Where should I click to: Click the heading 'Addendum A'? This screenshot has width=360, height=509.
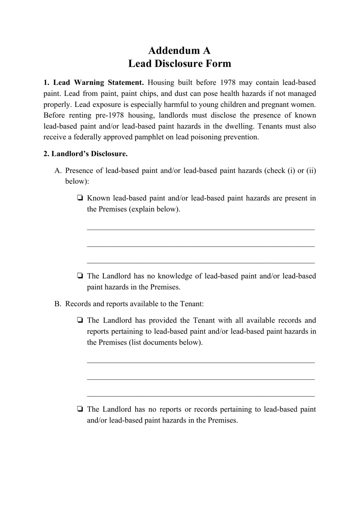point(179,50)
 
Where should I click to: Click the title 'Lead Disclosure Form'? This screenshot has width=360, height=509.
point(179,63)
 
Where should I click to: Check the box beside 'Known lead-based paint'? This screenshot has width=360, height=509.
point(80,198)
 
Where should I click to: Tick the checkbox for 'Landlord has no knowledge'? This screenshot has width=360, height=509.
point(80,276)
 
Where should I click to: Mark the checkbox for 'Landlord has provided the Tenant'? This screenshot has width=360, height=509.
point(80,321)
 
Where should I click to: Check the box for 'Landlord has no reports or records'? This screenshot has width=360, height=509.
point(80,409)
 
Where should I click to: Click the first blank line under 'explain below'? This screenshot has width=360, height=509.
point(201,229)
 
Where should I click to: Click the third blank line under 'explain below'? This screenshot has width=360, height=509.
point(201,262)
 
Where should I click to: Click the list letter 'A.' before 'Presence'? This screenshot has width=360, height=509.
point(58,171)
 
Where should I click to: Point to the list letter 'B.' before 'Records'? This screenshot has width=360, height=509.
point(58,304)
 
